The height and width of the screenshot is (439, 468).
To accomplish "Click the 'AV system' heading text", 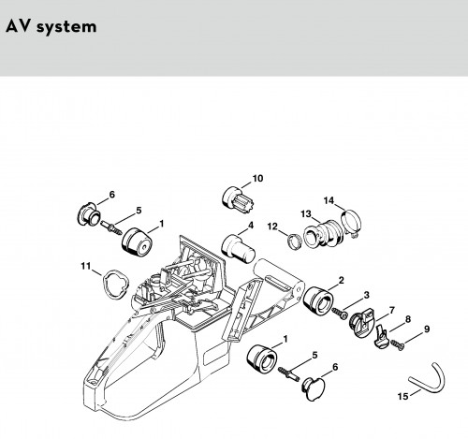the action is (x=51, y=26).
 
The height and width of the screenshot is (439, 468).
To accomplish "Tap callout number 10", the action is (x=257, y=179).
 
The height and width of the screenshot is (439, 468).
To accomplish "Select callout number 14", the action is (x=329, y=200).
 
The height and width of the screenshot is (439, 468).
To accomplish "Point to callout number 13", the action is (x=306, y=214).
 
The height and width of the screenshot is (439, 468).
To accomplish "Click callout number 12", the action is (x=272, y=227).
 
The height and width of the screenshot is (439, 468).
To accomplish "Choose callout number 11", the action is (x=86, y=266).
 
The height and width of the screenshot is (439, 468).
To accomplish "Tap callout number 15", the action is (x=402, y=396).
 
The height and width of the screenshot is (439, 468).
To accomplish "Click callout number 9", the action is (x=427, y=329).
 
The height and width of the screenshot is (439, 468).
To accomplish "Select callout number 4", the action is (x=251, y=226).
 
